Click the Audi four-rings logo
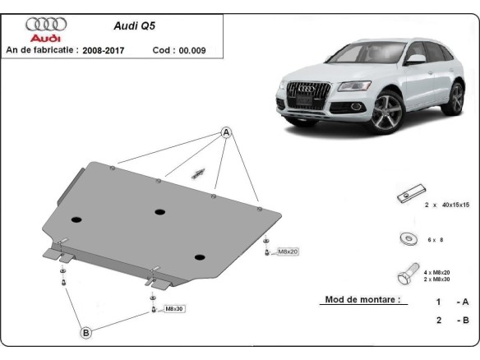click(46, 24)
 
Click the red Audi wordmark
click(46, 39)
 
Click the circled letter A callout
click(226, 133)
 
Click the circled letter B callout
click(85, 332)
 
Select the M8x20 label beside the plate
click(288, 251)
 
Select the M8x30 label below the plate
click(174, 308)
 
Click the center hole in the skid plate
click(159, 211)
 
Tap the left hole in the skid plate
click(76, 220)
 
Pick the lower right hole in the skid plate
click(199, 256)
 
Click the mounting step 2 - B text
click(451, 321)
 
